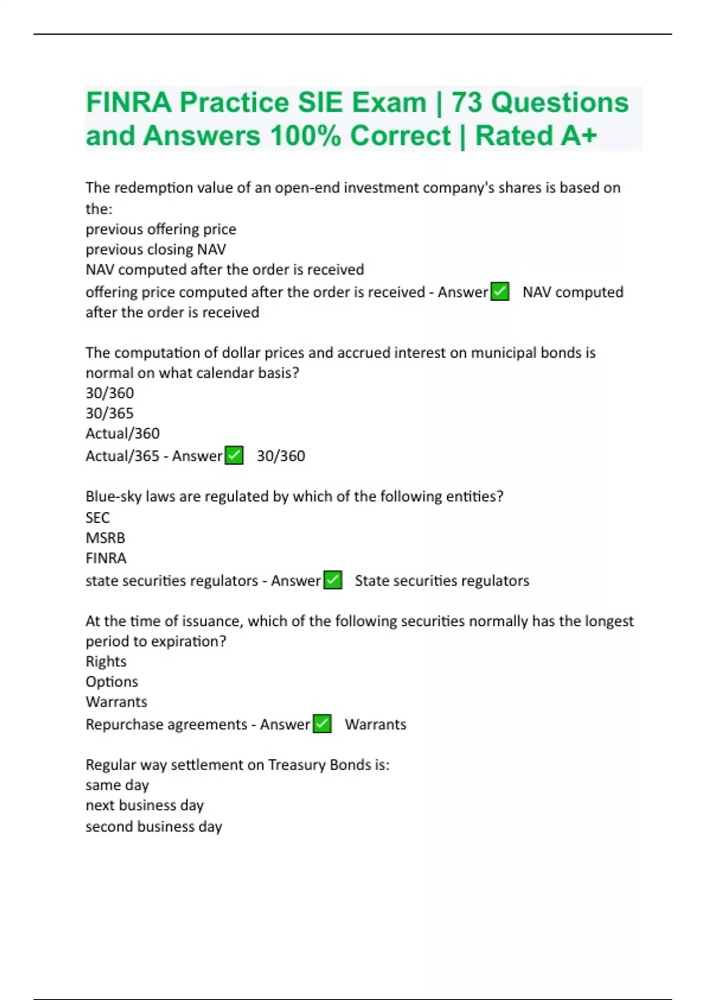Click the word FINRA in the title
coord(129,103)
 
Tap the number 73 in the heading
coord(468,103)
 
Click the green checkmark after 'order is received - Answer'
coord(499,292)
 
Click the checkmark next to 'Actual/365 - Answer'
coord(234,455)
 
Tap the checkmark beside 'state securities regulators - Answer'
coord(333,580)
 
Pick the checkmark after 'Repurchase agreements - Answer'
coord(322,724)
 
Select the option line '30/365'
coord(109,413)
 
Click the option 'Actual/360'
coord(122,434)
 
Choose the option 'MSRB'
coord(105,538)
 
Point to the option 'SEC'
coord(98,518)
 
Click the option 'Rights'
coord(106,661)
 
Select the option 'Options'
coord(112,682)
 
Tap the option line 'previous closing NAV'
coord(156,249)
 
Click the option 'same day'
coord(117,785)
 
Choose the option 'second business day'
coord(154,826)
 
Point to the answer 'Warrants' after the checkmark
coord(375,724)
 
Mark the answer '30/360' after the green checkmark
coord(281,456)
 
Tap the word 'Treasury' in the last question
coord(297,765)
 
